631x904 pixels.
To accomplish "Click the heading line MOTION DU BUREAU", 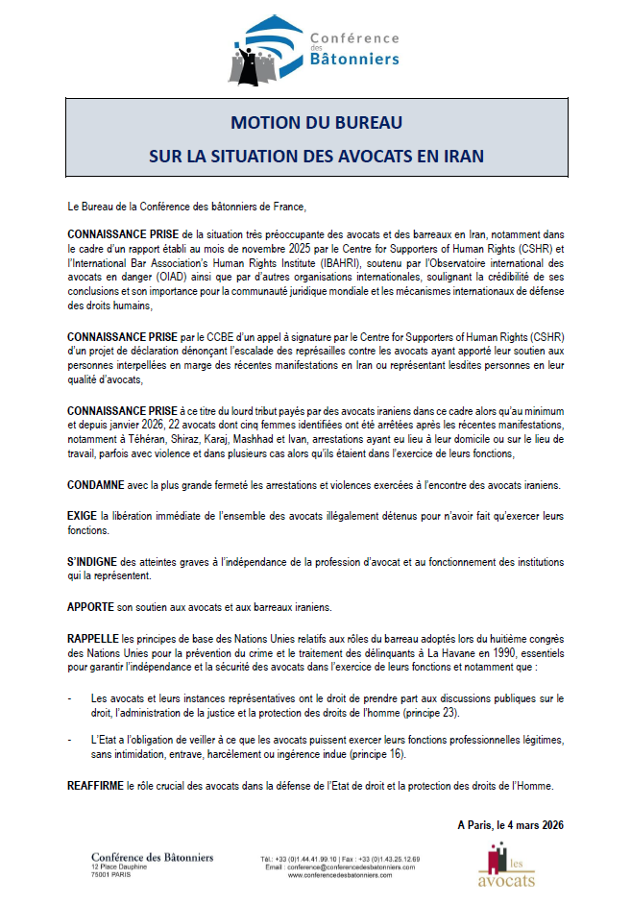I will pos(315,124).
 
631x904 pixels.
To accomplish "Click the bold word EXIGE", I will pos(84,517).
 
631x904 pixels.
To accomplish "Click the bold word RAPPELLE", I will pos(94,638).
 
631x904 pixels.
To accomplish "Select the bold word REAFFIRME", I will pos(96,787).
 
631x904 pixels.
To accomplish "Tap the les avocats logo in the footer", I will pos(506,866).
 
